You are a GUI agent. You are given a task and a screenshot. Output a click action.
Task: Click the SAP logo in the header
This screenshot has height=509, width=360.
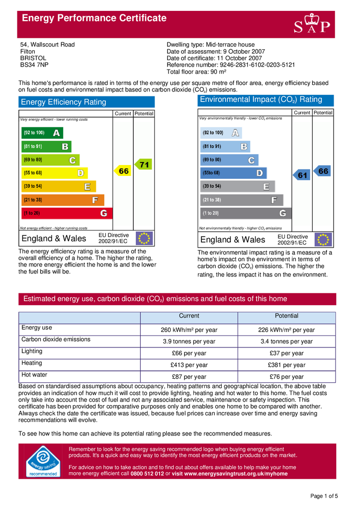click(312, 23)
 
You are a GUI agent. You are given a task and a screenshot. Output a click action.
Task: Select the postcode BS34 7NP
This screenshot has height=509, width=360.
click(34, 65)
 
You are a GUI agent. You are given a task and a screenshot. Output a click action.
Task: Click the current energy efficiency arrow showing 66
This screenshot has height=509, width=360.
click(123, 171)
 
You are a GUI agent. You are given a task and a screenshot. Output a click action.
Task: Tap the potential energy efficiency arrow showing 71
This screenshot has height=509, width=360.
click(144, 165)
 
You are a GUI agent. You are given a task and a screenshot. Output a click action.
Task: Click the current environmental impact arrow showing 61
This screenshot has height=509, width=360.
click(302, 175)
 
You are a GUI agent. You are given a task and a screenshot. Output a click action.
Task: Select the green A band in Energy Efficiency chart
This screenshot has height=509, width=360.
click(42, 133)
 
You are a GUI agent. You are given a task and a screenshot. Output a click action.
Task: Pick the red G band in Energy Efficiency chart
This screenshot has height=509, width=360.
click(67, 213)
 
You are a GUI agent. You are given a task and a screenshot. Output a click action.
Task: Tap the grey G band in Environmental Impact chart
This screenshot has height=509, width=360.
click(245, 213)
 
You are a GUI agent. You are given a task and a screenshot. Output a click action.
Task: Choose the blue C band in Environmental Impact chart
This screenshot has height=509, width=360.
click(229, 160)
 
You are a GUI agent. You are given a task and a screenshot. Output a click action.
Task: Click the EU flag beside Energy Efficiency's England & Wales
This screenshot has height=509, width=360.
click(144, 239)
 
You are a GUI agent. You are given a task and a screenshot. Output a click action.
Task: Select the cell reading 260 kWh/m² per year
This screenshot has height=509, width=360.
click(189, 330)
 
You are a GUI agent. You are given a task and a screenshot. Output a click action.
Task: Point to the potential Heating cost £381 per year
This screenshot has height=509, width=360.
click(286, 365)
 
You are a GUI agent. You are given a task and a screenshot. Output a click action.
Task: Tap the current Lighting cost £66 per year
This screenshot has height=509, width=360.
click(189, 353)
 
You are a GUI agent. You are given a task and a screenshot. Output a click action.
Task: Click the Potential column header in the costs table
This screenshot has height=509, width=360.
click(286, 316)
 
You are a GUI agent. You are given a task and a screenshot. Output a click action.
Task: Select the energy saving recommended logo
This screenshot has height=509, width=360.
click(43, 461)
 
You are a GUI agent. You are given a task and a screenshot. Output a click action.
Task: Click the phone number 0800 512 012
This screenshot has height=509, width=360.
click(147, 474)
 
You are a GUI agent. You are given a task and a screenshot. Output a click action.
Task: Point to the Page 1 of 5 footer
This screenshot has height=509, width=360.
click(324, 496)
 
